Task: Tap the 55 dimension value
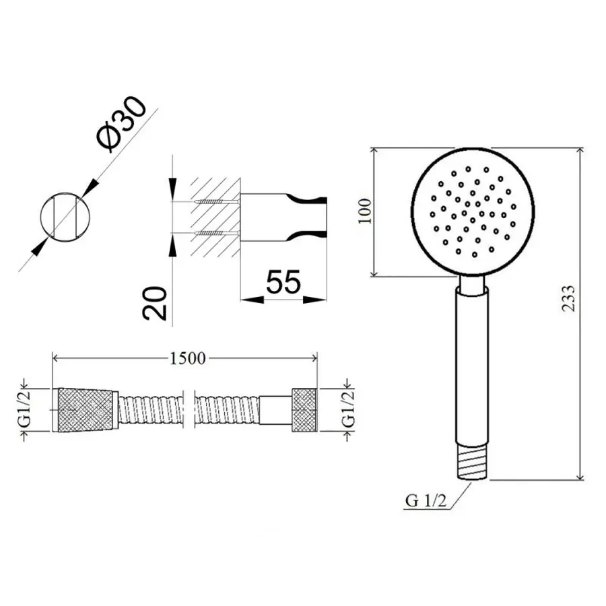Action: pos(283,281)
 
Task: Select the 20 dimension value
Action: pos(155,304)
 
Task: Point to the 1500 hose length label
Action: pos(187,359)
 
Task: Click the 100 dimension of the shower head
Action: pos(364,211)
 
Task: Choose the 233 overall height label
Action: pos(568,298)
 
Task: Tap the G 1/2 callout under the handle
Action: pos(426,501)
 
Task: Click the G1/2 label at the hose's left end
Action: pos(26,409)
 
